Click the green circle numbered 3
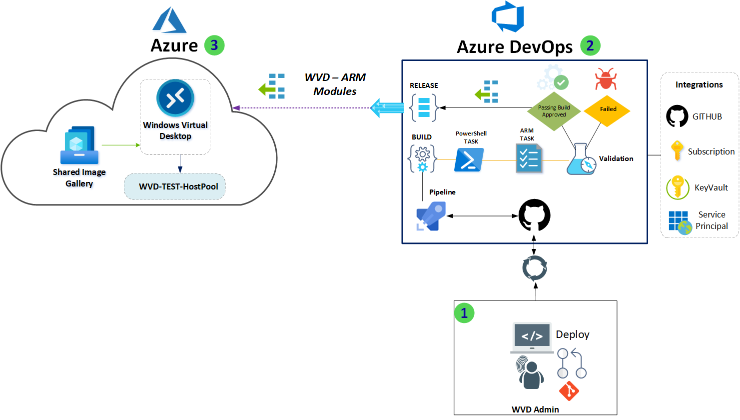tap(214, 45)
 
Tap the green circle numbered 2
tap(590, 46)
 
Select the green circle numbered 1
tap(464, 313)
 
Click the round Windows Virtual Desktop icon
tap(175, 98)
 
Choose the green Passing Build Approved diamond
tap(554, 111)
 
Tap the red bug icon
tap(606, 79)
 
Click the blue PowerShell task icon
tap(469, 160)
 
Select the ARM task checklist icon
tap(529, 158)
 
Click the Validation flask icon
tap(582, 159)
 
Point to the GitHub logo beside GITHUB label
tap(677, 116)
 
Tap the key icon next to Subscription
tap(677, 150)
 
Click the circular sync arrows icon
tap(535, 268)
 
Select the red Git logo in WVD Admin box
tap(569, 391)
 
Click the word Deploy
tap(573, 334)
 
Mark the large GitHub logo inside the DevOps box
tap(534, 215)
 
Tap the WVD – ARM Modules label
tap(335, 84)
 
